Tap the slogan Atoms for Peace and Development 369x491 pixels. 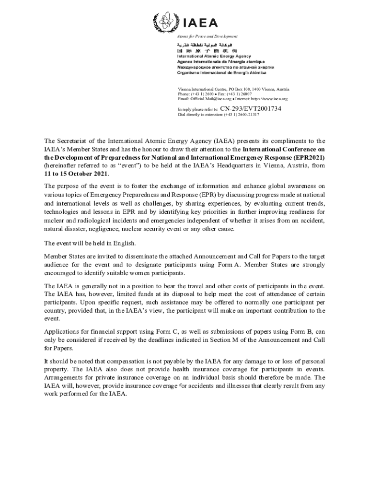(207, 36)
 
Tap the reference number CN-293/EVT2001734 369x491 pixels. (251, 109)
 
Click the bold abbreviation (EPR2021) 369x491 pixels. (307, 157)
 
